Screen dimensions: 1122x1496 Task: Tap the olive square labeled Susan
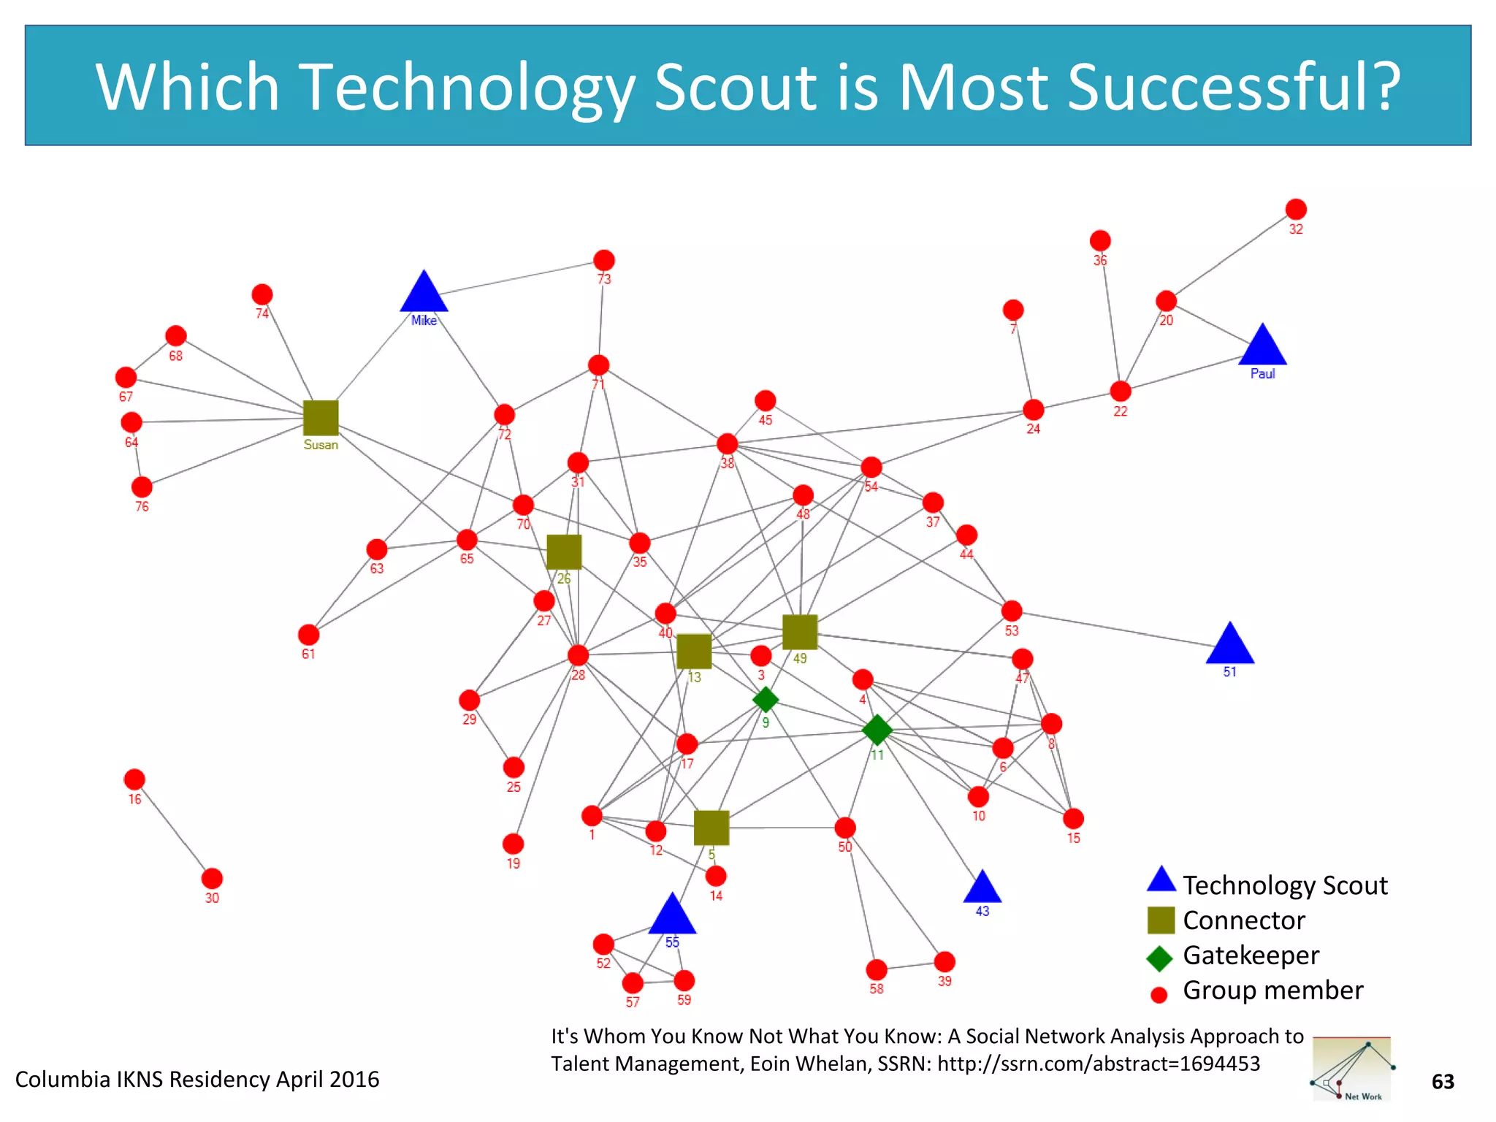click(x=321, y=418)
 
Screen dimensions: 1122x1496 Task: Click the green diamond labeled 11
click(x=877, y=729)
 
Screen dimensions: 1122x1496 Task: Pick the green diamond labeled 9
click(x=766, y=699)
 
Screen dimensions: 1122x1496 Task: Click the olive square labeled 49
click(x=800, y=632)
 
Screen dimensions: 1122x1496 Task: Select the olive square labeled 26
click(x=564, y=552)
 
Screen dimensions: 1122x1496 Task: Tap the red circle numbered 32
click(x=1296, y=210)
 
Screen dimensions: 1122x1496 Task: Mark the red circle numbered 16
click(x=134, y=779)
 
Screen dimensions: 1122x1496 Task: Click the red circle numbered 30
click(x=212, y=878)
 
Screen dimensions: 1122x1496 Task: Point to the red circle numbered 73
click(x=604, y=260)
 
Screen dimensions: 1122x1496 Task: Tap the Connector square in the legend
click(x=1161, y=920)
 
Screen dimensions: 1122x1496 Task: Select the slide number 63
click(x=1443, y=1082)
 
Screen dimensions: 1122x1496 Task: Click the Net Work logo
click(x=1351, y=1069)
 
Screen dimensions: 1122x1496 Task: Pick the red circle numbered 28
click(x=578, y=655)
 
